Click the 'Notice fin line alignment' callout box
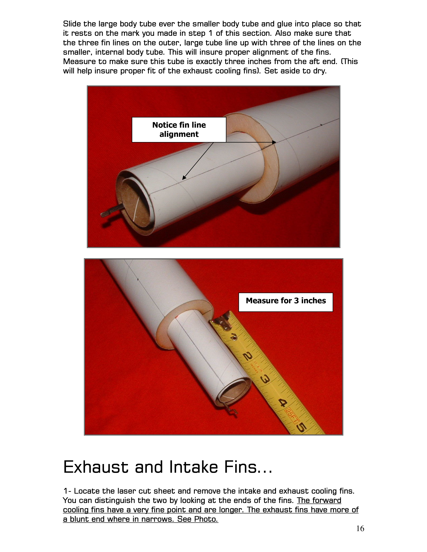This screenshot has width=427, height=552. [179, 130]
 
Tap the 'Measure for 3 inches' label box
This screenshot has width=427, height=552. [286, 302]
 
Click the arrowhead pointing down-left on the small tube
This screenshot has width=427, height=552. [184, 177]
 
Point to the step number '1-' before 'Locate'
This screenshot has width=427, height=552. [67, 491]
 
